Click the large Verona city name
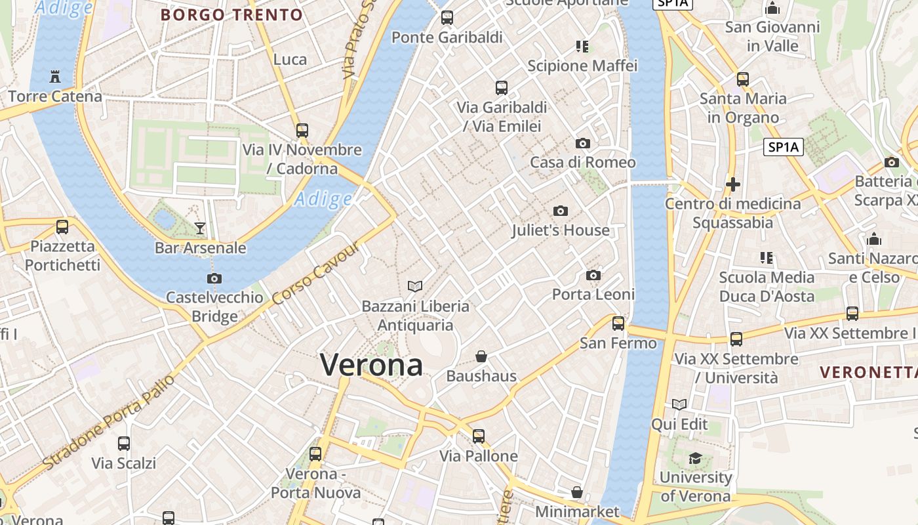point(371,365)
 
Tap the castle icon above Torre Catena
point(55,76)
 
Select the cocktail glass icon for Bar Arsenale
point(200,228)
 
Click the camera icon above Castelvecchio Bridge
point(214,278)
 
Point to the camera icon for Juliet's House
point(560,211)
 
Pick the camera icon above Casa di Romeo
point(582,143)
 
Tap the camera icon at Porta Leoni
point(593,275)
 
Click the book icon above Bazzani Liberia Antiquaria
point(415,286)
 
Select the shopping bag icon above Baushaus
point(481,356)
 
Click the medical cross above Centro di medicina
point(733,184)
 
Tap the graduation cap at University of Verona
point(695,458)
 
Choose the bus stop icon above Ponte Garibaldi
point(447,18)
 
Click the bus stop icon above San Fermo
point(618,324)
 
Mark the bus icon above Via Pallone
point(479,436)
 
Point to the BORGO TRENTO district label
point(231,14)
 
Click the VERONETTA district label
point(868,372)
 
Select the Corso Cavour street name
point(316,273)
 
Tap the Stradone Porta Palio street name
point(110,421)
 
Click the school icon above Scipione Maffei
point(582,46)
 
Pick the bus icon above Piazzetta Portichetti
point(62,227)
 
